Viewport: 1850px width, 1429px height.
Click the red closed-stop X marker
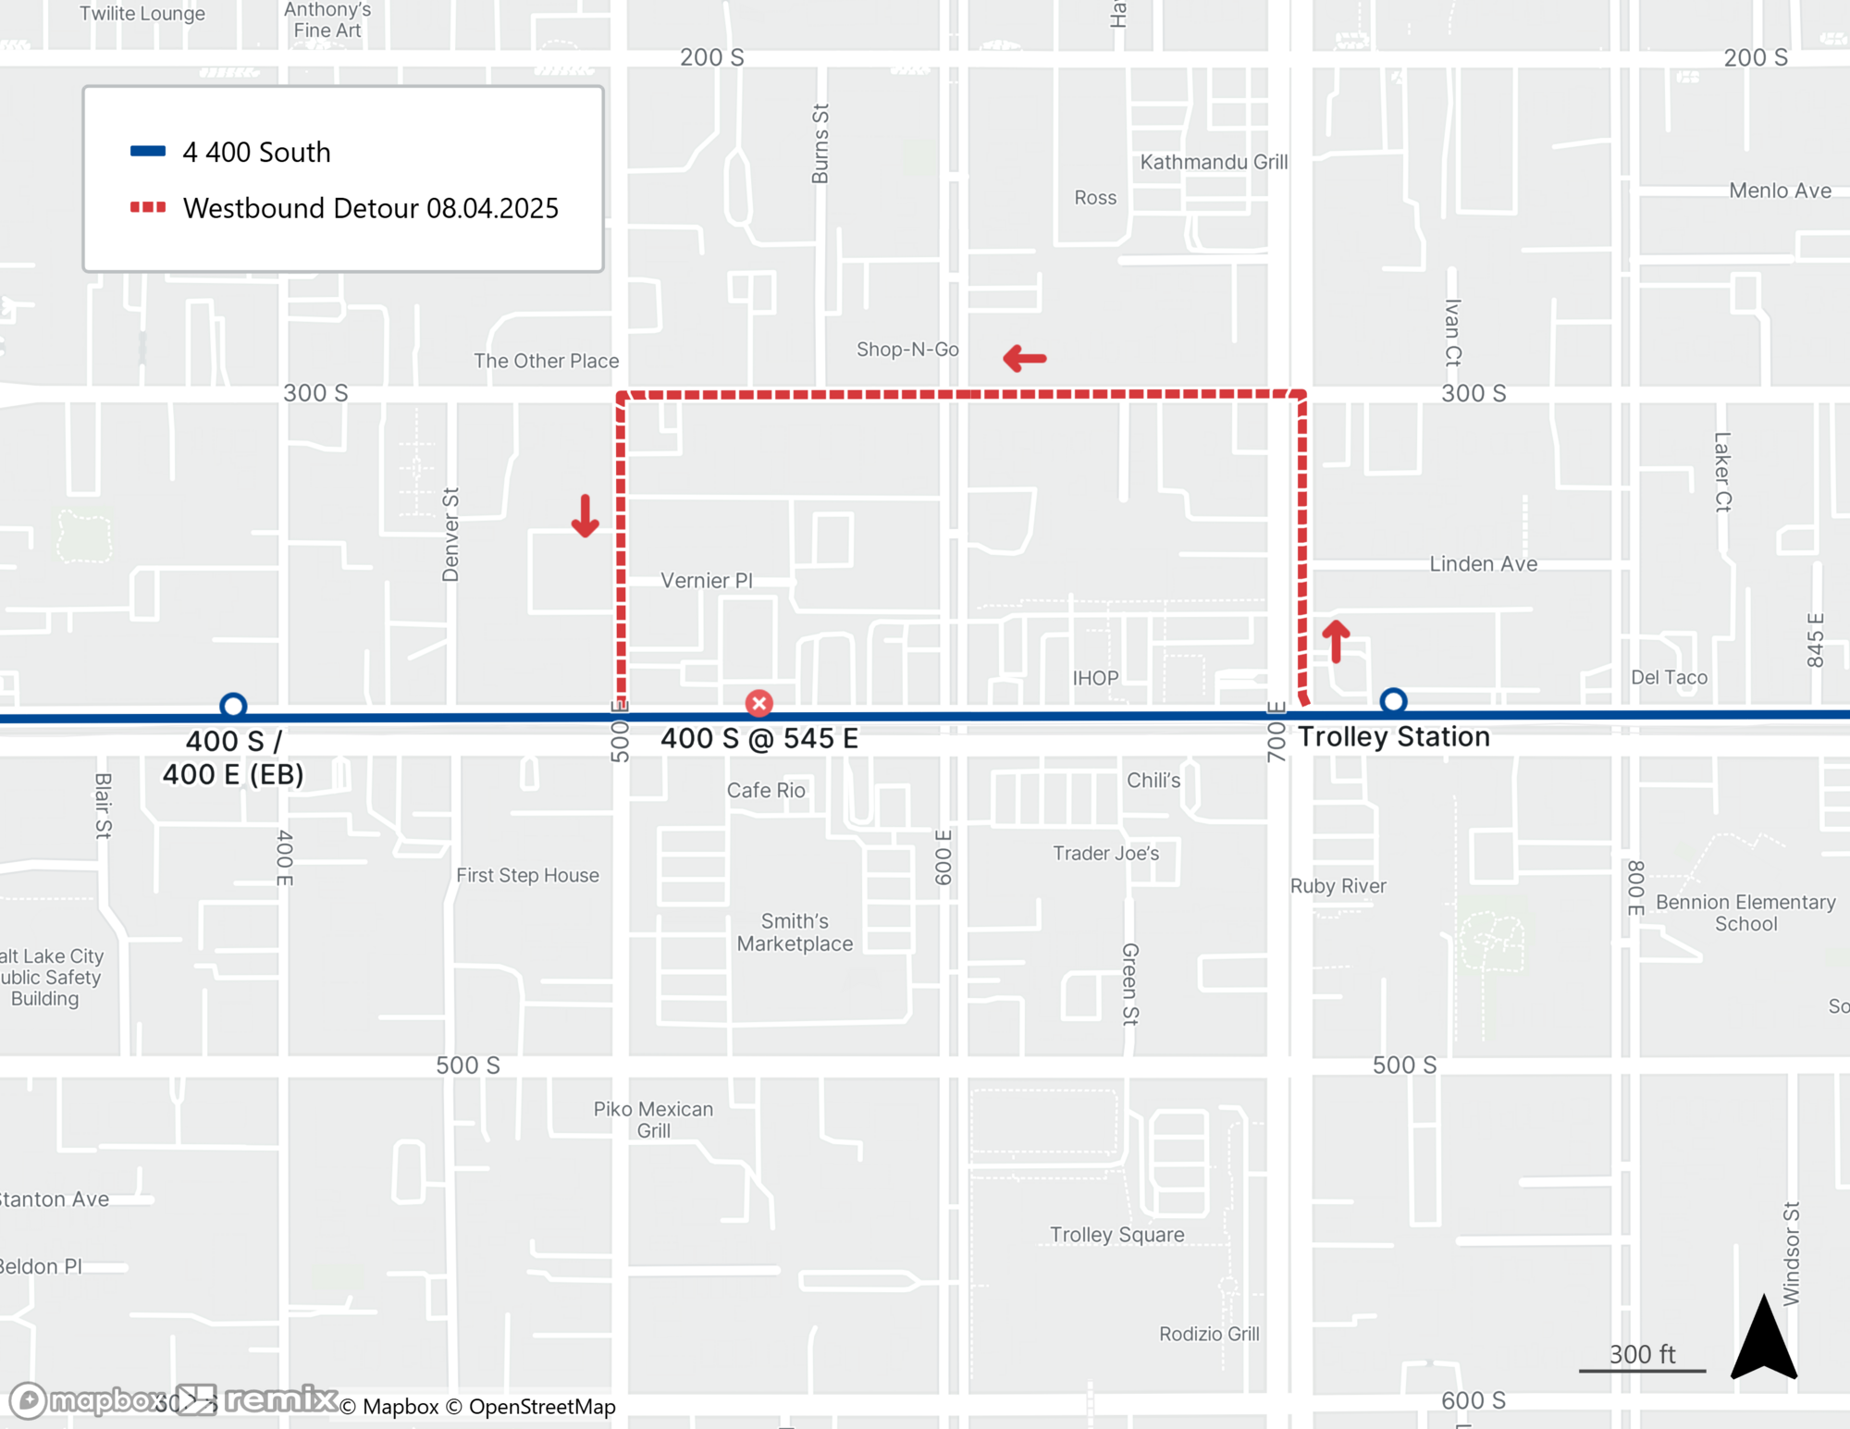click(759, 704)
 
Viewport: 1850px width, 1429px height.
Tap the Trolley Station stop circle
click(1393, 702)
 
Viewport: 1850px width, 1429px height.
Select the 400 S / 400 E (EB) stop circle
click(233, 707)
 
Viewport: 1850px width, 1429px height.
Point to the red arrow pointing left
click(1025, 358)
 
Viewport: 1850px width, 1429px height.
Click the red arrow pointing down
click(585, 516)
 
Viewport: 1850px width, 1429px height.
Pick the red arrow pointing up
click(1336, 640)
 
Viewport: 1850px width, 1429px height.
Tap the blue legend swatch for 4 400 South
click(148, 152)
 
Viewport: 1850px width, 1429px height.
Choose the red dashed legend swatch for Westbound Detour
click(148, 207)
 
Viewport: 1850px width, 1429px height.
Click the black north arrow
click(1764, 1338)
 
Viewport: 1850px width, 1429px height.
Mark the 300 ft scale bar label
click(1642, 1355)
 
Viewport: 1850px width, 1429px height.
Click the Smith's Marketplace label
click(795, 932)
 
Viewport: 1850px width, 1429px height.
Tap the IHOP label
click(1095, 678)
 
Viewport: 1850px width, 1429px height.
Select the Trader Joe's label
click(1105, 853)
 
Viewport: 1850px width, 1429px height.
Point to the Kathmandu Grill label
click(1214, 162)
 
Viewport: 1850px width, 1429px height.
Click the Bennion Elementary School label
click(1745, 912)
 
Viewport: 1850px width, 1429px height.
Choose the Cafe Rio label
click(766, 790)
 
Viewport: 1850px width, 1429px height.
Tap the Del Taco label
click(1669, 677)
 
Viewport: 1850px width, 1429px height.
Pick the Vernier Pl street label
click(707, 580)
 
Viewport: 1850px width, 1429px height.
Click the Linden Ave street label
click(1483, 563)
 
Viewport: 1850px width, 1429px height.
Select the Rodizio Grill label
click(1209, 1333)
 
